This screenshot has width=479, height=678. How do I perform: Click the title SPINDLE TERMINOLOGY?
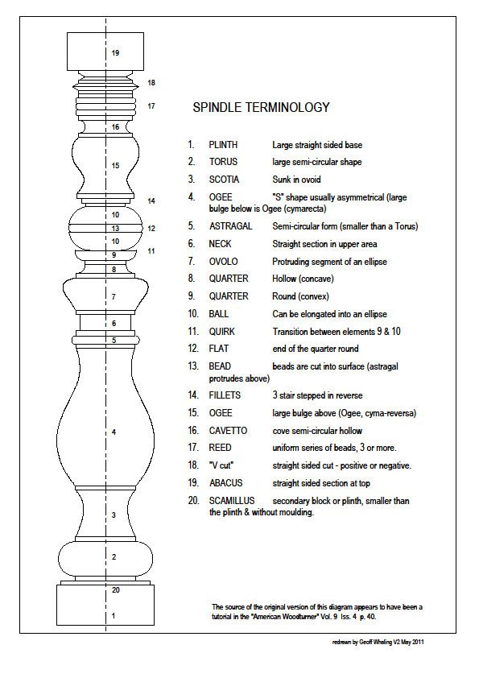260,107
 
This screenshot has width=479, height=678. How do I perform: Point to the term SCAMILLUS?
232,501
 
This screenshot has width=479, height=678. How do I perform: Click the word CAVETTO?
228,431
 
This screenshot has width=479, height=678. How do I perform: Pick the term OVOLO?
223,261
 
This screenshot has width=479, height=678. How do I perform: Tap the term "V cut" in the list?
221,465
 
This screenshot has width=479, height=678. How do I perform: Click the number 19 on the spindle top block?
115,53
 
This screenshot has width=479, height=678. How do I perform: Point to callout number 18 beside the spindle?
151,83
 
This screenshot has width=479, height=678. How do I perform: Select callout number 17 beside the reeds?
151,105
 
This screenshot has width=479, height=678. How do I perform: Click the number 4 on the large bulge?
114,432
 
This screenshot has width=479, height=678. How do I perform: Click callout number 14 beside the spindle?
151,201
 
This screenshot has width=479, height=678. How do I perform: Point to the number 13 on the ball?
115,229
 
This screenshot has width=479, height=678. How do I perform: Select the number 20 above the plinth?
115,590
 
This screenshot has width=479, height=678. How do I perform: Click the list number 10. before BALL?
193,313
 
